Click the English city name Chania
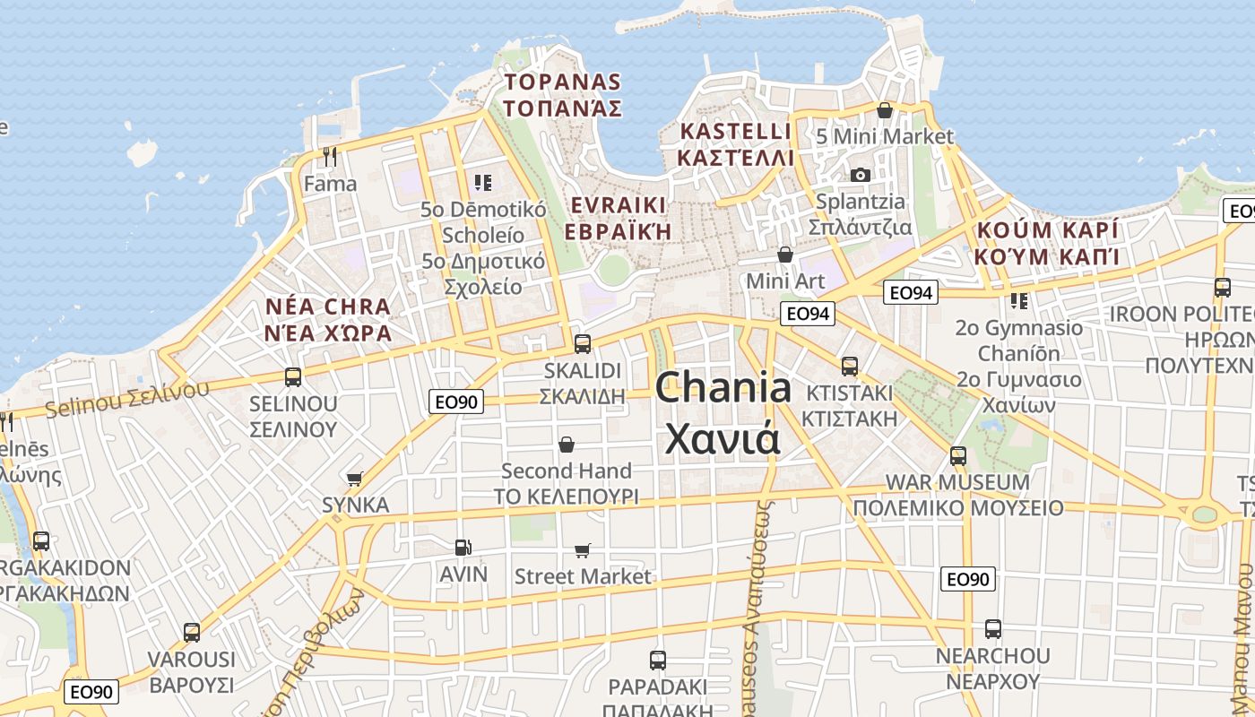pos(723,387)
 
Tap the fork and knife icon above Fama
pos(330,157)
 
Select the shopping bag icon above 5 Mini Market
pos(885,110)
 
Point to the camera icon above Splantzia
pos(861,175)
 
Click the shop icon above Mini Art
pos(785,255)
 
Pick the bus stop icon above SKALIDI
pos(583,343)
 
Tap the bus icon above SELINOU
pos(293,376)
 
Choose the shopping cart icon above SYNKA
pos(355,479)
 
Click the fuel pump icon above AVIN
pos(463,547)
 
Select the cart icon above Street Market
pos(583,549)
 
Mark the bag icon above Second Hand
pos(567,445)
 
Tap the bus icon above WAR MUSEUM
pos(958,456)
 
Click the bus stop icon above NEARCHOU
pos(992,629)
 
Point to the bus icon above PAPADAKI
pos(658,661)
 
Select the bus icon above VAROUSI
pos(191,633)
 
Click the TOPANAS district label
pos(562,82)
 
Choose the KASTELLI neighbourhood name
pos(736,132)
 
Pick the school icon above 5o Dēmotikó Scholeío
pos(484,183)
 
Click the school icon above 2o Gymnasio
pos(1018,301)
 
